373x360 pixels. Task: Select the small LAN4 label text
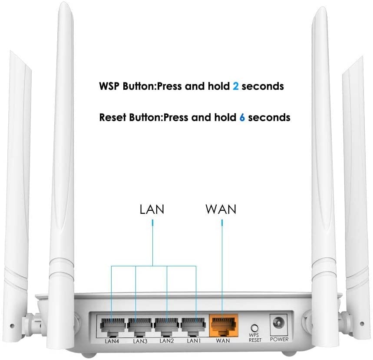pos(112,341)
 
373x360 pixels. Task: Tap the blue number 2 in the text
pos(235,86)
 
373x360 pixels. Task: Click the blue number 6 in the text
pos(242,117)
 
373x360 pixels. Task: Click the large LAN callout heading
pos(152,209)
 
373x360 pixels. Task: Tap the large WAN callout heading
pos(221,209)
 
